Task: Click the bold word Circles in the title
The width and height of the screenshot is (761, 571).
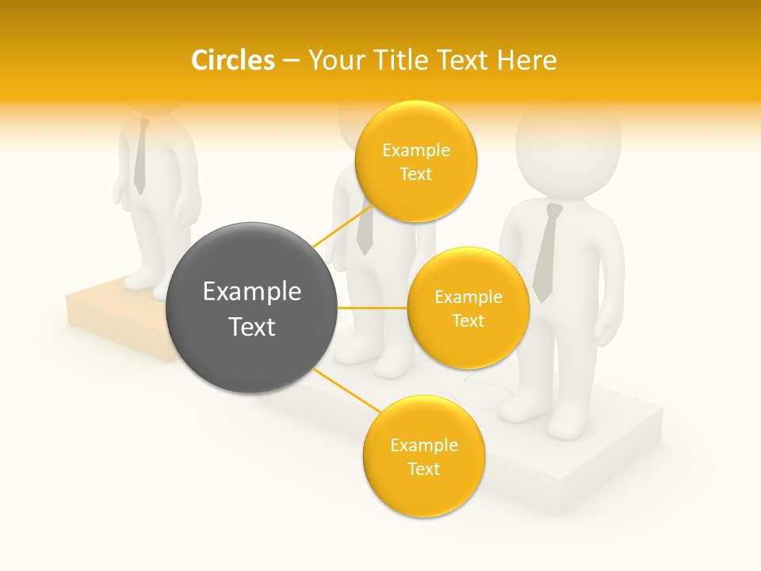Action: [x=232, y=59]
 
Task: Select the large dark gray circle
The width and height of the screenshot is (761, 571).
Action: [x=252, y=308]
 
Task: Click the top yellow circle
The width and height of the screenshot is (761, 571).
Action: [x=416, y=162]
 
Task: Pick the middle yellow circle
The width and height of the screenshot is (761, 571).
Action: [x=468, y=308]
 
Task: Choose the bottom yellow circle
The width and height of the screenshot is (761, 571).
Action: [x=423, y=457]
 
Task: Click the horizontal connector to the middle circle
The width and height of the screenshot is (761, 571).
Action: [x=373, y=308]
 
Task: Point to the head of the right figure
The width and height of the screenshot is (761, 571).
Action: [x=568, y=147]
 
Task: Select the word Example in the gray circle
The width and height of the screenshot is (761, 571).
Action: [x=252, y=292]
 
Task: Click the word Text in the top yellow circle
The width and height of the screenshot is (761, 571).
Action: [x=416, y=174]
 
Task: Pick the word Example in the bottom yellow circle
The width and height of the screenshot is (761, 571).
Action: [x=423, y=445]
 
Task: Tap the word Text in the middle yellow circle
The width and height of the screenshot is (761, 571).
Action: [x=468, y=321]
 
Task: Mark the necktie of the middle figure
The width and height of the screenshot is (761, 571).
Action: [x=365, y=230]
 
